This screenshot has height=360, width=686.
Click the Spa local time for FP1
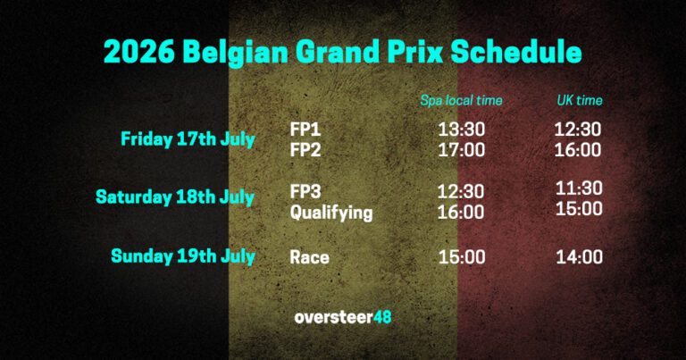point(461,130)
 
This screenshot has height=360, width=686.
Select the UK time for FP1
point(578,130)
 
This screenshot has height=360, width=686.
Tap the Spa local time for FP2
point(461,150)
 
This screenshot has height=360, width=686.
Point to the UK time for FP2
point(578,150)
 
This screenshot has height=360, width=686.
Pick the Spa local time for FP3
point(461,192)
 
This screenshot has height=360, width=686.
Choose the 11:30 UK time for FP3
point(578,188)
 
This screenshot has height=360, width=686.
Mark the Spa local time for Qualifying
point(461,213)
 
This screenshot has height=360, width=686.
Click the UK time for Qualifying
point(578,208)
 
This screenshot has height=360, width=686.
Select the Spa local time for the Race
point(461,257)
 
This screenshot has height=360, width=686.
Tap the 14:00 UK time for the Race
point(578,257)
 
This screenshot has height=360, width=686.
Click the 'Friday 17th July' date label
point(188,139)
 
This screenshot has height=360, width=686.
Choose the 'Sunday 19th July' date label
point(183,256)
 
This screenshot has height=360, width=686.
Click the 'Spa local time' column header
point(461,100)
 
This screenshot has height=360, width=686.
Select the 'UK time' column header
point(579,100)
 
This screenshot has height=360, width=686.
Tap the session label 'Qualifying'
point(330,213)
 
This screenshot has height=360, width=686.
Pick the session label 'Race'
point(309,257)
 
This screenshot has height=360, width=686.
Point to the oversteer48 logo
point(342,317)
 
